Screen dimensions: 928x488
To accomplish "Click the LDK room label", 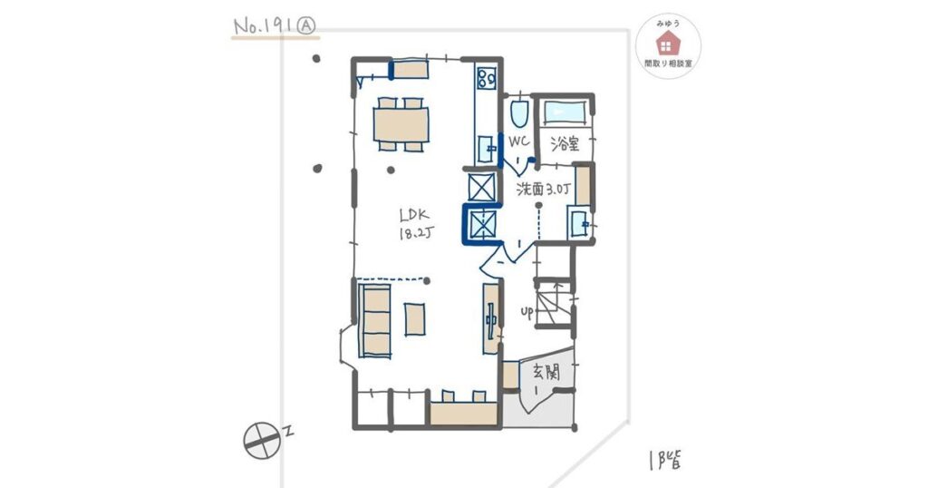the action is (413, 215).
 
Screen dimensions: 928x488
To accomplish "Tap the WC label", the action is (518, 142).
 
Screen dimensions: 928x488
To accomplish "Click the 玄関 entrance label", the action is (546, 372).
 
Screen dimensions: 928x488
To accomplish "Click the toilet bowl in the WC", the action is (519, 113).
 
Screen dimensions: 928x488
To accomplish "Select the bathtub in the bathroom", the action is (565, 112).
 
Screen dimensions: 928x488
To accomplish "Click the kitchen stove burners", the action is (487, 78).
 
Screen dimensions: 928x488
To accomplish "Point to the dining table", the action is (401, 124).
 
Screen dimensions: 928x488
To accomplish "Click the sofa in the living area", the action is (374, 320).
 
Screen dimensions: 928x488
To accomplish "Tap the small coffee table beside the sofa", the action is (414, 319).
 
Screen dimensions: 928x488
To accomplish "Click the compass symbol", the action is (262, 440).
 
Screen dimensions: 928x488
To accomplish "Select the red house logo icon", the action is (668, 44).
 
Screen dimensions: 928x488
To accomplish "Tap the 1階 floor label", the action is (664, 460).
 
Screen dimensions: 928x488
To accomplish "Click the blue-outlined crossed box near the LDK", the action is (482, 224).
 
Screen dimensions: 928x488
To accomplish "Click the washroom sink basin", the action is (578, 222).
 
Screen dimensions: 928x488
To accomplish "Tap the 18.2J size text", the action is (416, 233).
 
